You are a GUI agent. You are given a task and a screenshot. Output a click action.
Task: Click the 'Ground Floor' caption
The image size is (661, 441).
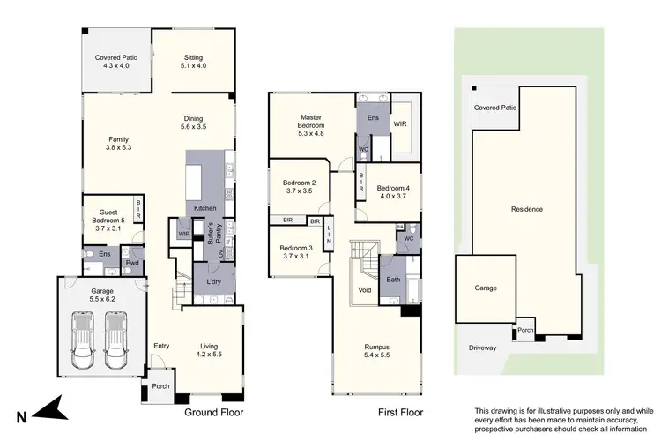click(214, 412)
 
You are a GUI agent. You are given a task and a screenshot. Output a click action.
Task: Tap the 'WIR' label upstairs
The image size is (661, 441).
click(399, 124)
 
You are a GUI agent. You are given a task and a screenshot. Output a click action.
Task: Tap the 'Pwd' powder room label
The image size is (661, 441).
click(132, 263)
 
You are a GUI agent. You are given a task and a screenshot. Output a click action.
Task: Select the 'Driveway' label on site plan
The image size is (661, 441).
click(483, 348)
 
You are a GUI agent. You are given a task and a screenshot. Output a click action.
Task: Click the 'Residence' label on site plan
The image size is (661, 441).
click(527, 209)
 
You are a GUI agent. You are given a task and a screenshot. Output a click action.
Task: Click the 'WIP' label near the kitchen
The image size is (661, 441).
click(183, 234)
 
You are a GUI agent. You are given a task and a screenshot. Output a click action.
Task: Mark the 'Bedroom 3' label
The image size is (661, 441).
click(297, 251)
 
